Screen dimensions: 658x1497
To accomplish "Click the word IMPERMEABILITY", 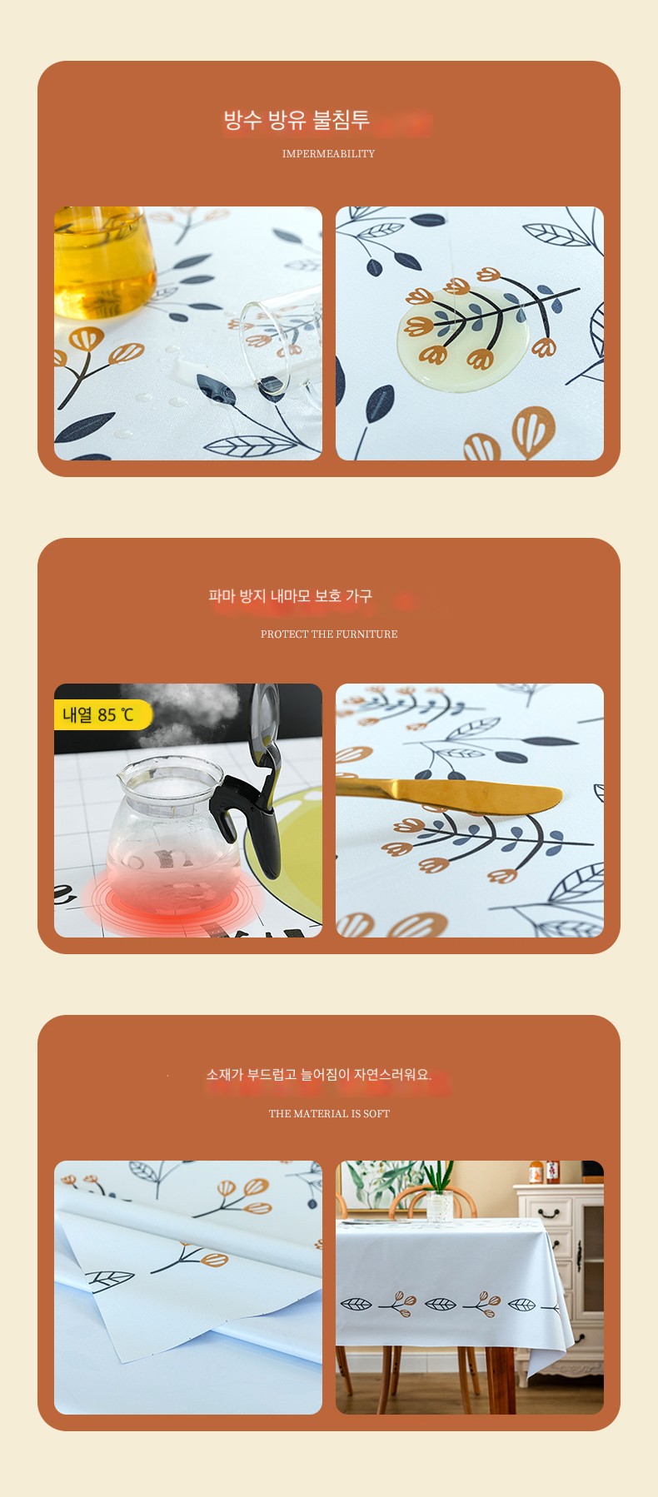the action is click(328, 154).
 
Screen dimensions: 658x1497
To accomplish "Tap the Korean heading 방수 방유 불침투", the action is click(297, 120).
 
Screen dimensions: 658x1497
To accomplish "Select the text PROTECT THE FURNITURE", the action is click(329, 634).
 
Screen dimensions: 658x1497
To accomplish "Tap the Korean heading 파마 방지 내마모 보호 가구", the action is click(290, 596).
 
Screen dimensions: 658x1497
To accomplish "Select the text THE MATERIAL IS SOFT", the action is click(329, 1114).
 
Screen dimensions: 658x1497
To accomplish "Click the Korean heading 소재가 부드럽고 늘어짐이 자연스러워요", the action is click(319, 1075).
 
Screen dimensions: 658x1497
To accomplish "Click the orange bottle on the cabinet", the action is click(536, 1172).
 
